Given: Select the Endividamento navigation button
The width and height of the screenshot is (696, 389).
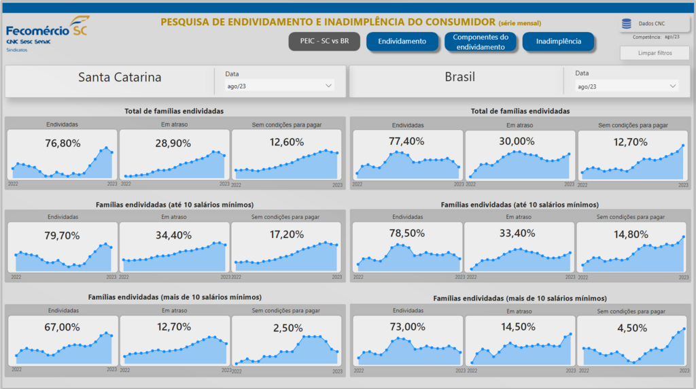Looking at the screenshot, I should pos(402,41).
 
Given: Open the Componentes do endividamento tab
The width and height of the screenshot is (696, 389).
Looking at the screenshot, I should pos(481,42).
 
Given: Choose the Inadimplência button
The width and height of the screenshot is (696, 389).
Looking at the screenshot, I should pos(558,41).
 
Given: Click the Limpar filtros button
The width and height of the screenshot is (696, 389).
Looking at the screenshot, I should pos(655,52).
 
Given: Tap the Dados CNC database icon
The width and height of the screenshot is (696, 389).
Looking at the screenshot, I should pos(626,24).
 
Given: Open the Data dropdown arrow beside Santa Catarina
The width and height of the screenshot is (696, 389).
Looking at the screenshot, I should pos(329,86).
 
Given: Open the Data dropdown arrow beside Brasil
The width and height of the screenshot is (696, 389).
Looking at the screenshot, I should pos(673,86).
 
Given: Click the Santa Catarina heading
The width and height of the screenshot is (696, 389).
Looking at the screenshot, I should pos(120,78).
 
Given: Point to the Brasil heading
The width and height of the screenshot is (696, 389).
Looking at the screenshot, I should pos(459,78).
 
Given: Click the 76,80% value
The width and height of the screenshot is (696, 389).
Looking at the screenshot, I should pos(63,143).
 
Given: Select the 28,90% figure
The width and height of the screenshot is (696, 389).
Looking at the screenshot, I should pos(173,143).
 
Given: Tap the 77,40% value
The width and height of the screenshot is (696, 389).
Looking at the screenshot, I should pos(407,141).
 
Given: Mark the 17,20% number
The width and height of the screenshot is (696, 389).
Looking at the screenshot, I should pos(286,235).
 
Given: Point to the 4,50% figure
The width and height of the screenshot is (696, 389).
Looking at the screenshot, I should pos(632,328).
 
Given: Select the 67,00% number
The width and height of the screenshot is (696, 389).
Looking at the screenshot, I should pos(63,327).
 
